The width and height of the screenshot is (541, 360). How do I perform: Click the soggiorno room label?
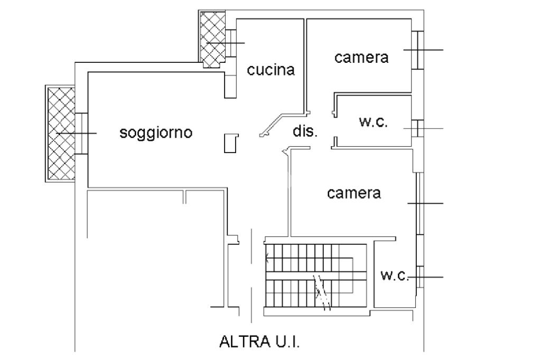pos(156,132)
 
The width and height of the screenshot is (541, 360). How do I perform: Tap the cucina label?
pos(271,70)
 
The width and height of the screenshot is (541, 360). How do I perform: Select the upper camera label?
pos(361,58)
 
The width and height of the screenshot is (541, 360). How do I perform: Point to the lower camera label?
pos(354,193)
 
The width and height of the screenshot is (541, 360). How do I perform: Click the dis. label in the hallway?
pos(305,131)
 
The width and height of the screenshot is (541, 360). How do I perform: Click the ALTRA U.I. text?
pos(259,343)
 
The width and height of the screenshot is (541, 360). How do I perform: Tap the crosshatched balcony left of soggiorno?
pos(61,134)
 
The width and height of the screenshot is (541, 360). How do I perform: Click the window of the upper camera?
pos(418,50)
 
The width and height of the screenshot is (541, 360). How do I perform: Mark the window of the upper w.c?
pos(417,128)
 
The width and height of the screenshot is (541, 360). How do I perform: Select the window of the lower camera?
pos(418,203)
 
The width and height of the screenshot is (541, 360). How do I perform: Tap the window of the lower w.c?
pos(419,277)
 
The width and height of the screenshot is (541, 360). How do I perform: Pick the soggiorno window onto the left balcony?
pos(81,134)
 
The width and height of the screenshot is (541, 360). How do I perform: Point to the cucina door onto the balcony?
pos(231,42)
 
